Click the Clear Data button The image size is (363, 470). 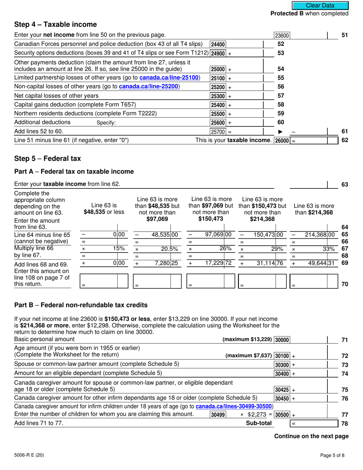tap(320, 5)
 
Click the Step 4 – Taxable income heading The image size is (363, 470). tap(55, 24)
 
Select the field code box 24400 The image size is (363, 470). tap(218, 44)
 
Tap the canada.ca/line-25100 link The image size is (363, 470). tap(169, 78)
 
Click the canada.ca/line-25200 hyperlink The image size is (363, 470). tap(149, 86)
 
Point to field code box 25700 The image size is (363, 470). tap(218, 132)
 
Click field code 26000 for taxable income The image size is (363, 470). tap(282, 141)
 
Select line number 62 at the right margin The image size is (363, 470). tap(344, 140)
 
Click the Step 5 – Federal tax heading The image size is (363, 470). tap(47, 158)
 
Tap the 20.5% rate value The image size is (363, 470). tap(169, 248)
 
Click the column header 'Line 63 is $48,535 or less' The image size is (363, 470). tap(104, 208)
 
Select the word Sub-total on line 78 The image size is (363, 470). tap(259, 423)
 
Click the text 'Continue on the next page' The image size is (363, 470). tap(311, 436)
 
